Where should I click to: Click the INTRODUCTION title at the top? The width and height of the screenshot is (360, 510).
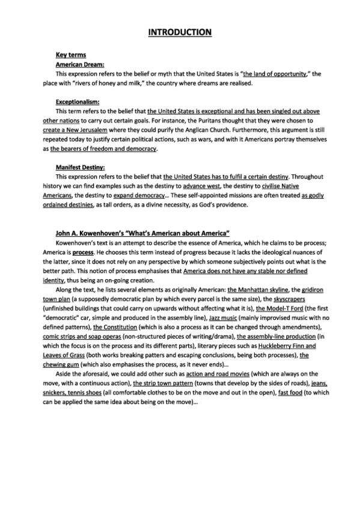point(180,31)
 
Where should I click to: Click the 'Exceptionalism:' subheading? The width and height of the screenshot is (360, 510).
point(78,102)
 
